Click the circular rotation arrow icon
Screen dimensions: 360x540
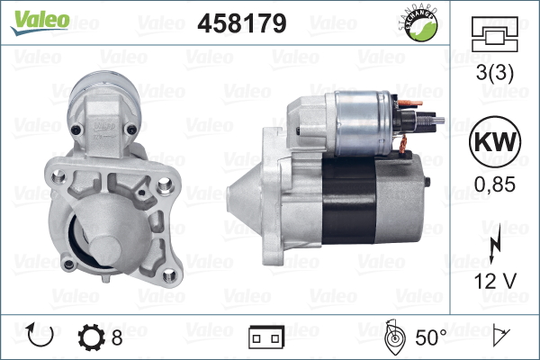tap(41, 337)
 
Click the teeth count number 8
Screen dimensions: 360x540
tap(117, 337)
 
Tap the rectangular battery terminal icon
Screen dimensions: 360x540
tap(266, 338)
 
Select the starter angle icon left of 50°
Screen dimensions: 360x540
tap(392, 337)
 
